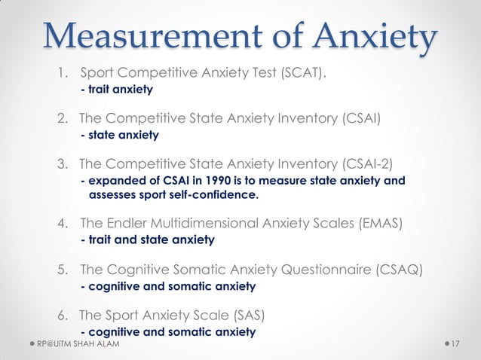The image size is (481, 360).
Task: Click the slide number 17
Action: click(455, 344)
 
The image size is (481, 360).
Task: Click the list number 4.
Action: click(63, 224)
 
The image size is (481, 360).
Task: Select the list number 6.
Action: click(63, 315)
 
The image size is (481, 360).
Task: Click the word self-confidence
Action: click(214, 196)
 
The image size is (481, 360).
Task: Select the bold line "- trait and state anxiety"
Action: click(147, 240)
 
